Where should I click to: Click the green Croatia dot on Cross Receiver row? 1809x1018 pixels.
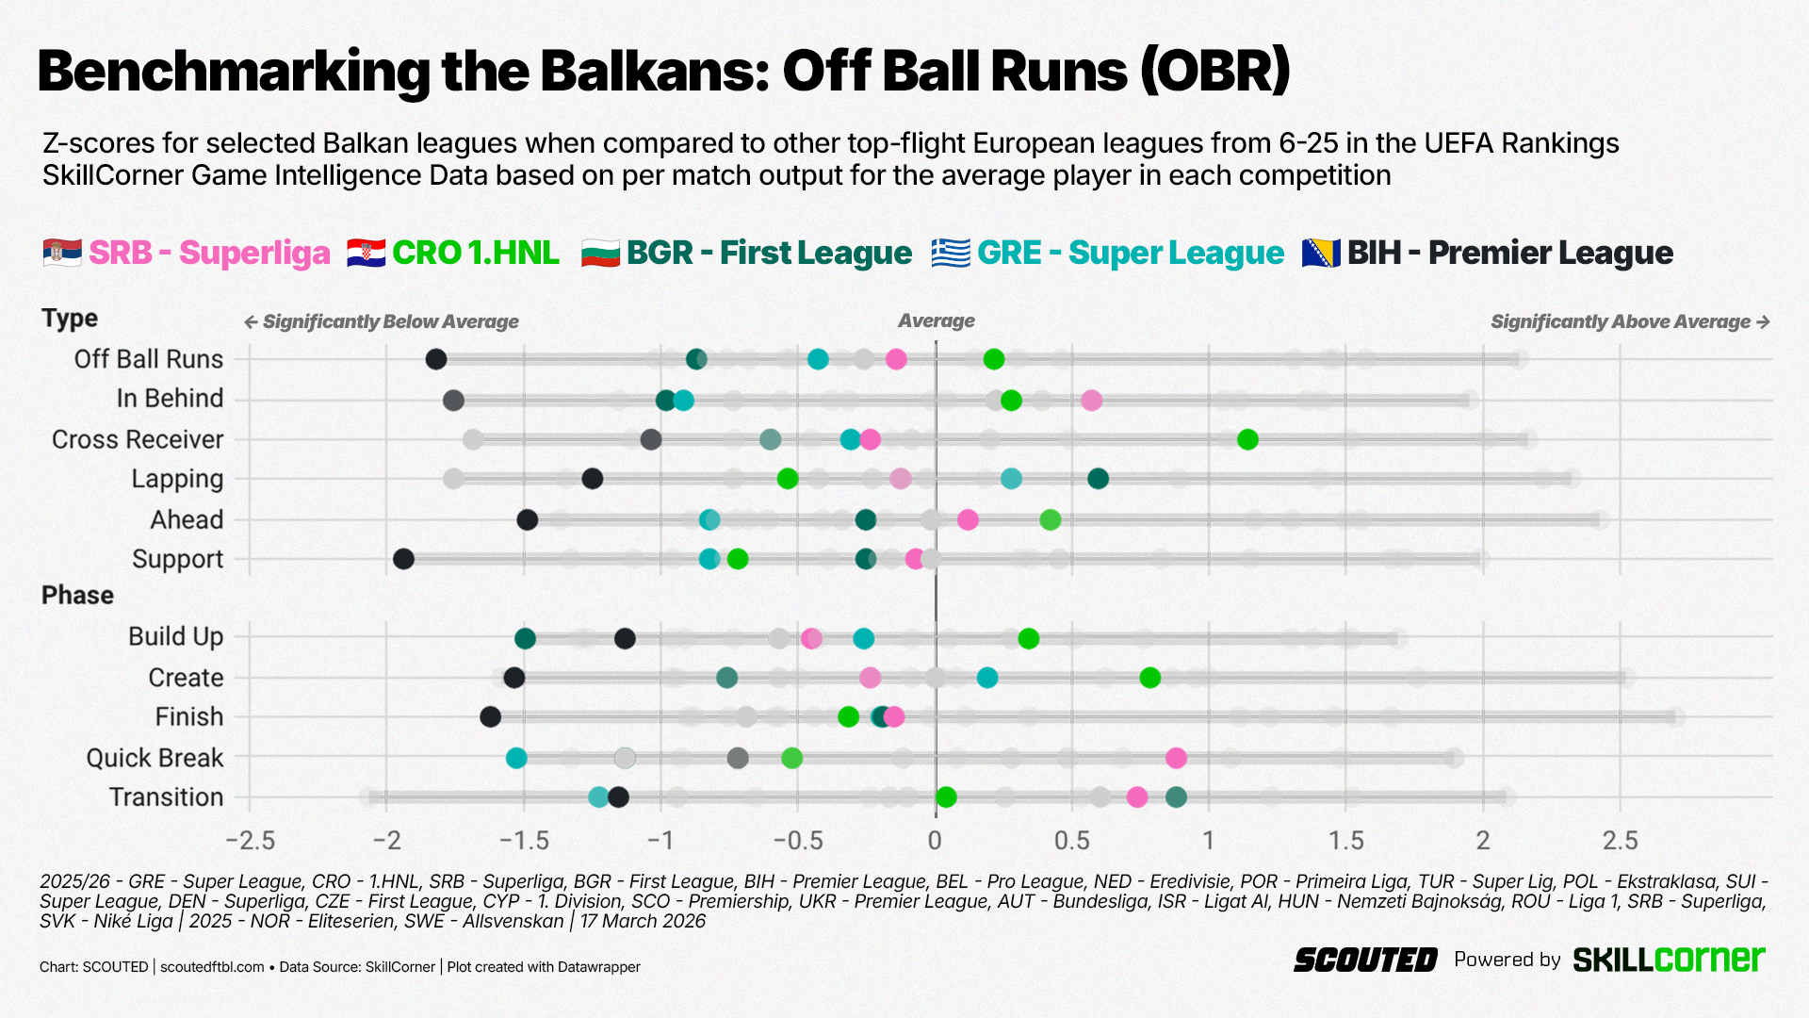(1247, 439)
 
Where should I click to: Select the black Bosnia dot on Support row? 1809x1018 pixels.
(403, 559)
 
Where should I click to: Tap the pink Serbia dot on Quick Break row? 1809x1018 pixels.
(1176, 758)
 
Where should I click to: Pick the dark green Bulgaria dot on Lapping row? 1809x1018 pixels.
(1098, 479)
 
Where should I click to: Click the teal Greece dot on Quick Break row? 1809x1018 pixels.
(516, 758)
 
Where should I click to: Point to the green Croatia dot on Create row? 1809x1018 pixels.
(1149, 678)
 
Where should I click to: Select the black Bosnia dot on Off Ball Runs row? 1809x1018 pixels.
(436, 359)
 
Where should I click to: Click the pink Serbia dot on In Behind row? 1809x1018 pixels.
(1091, 401)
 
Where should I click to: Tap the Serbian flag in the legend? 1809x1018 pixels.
(62, 253)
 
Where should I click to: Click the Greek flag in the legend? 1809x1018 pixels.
(950, 253)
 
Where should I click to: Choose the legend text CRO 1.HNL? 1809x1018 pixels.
(475, 253)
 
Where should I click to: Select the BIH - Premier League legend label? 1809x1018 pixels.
(1509, 253)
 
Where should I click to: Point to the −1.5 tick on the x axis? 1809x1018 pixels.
(524, 840)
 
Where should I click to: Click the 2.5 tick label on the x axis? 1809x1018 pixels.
(1620, 840)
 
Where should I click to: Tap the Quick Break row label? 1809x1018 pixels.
(155, 758)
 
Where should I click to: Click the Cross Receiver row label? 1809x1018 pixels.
(138, 439)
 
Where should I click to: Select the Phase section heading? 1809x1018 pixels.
(77, 596)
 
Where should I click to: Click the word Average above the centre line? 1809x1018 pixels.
(936, 321)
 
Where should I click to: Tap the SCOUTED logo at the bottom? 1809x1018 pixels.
(1364, 961)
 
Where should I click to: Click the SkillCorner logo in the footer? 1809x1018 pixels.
(1669, 960)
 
